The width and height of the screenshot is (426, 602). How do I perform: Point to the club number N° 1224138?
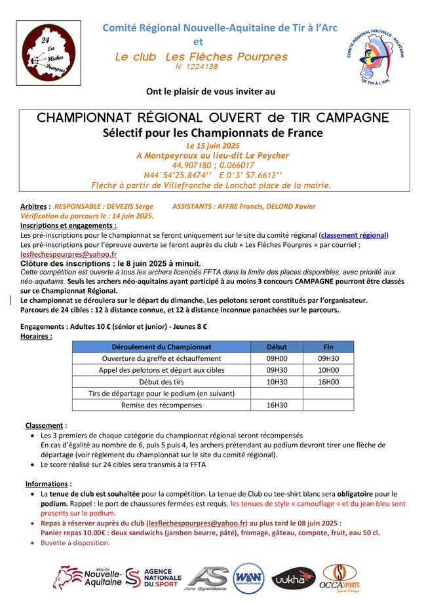point(197,67)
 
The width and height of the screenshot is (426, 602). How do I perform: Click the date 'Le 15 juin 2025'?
point(213,145)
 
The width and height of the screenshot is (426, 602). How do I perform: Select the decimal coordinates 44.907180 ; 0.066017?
point(213,165)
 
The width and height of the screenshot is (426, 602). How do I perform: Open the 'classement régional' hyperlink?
point(354,235)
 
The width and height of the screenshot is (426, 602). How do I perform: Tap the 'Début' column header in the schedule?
point(277,347)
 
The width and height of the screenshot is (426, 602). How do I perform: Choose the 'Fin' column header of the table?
point(328,347)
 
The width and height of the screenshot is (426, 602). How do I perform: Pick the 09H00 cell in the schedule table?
point(277,358)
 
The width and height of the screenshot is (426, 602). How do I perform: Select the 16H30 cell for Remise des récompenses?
point(277,405)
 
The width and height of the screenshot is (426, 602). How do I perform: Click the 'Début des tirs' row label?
point(161,381)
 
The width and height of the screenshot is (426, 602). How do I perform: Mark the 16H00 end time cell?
point(328,381)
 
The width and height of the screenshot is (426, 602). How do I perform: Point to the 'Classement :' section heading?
point(46,425)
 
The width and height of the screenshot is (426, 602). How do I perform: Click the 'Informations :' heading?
point(48,484)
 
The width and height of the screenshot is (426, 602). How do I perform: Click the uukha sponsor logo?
point(292,579)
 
